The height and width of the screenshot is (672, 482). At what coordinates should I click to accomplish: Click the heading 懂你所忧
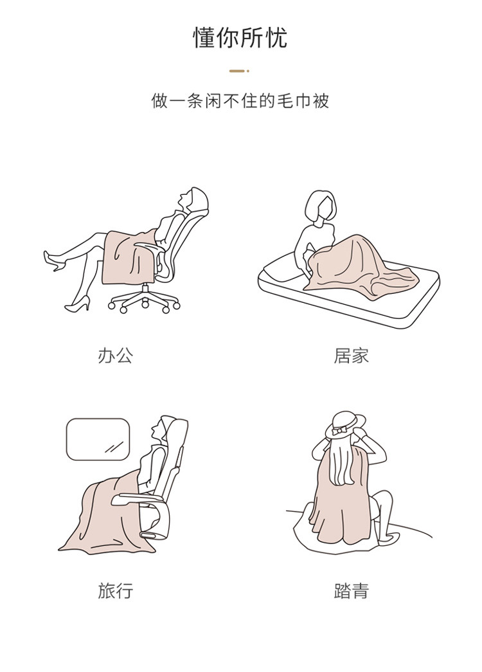[x=240, y=38]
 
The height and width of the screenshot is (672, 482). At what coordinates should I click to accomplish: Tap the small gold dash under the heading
[x=239, y=71]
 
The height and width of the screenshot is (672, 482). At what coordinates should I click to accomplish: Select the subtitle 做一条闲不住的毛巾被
[x=240, y=101]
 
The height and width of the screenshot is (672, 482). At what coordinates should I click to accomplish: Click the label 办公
[x=115, y=356]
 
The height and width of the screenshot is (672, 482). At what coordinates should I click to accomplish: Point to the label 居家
[x=352, y=356]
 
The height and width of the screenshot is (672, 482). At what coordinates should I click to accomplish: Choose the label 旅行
[x=115, y=590]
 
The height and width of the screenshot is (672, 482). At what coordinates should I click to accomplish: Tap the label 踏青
[x=352, y=590]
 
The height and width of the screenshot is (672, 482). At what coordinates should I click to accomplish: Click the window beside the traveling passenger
[x=98, y=439]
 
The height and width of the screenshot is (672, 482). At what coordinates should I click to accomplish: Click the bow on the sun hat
[x=342, y=430]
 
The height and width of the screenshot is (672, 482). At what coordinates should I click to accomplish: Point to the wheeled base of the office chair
[x=144, y=298]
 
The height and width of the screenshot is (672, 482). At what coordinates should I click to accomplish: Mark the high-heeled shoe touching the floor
[x=78, y=304]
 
